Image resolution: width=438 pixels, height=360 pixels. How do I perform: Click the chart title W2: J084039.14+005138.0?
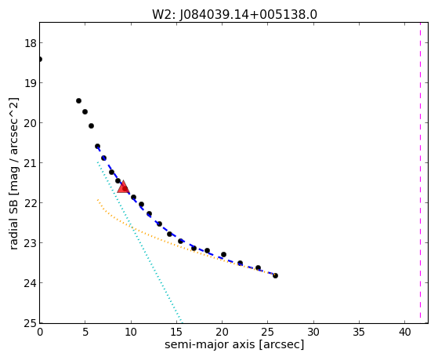(x=234, y=14)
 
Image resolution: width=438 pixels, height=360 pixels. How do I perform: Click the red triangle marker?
(x=123, y=187)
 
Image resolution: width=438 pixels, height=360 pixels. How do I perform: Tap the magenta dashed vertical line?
(x=420, y=170)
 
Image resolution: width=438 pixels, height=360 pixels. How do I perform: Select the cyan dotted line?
(x=139, y=241)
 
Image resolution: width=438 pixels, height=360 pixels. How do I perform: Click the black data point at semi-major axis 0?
(x=40, y=59)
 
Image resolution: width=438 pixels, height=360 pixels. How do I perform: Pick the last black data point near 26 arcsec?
(x=275, y=275)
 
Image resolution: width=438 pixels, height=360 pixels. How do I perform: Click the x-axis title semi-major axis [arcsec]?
(x=234, y=344)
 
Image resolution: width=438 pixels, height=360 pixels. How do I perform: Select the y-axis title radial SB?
(x=13, y=173)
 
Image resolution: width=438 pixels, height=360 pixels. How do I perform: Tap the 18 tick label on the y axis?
(x=30, y=44)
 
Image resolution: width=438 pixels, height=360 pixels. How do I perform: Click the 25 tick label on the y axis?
(x=30, y=324)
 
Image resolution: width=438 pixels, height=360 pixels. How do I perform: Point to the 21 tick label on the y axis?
(x=30, y=163)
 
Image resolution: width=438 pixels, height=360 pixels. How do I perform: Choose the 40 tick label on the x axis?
(x=404, y=332)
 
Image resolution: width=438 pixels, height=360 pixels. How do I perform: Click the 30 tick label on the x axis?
(x=313, y=332)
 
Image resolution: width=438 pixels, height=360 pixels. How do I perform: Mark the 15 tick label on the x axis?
(x=176, y=332)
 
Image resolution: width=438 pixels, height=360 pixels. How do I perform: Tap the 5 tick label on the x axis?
(x=85, y=332)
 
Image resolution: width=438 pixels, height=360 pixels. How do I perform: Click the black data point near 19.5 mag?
(x=78, y=100)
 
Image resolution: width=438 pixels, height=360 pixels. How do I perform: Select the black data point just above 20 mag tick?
(x=91, y=125)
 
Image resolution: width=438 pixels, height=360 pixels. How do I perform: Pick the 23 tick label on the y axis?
(x=30, y=243)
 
